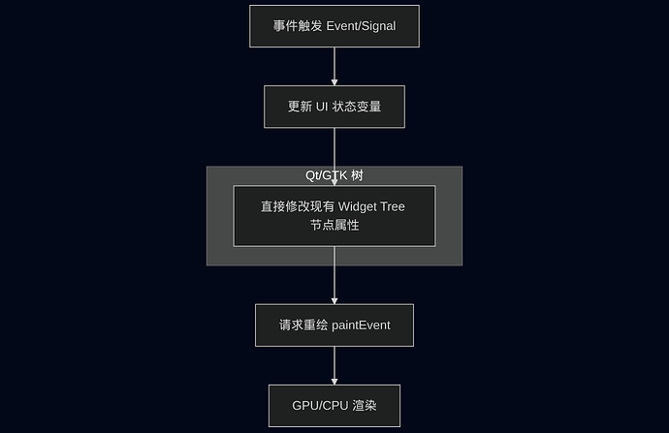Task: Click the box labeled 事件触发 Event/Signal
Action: tap(334, 26)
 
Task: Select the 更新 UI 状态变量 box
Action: tap(334, 107)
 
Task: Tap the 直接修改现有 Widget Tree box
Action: tap(334, 215)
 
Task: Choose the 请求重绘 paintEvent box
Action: tap(334, 325)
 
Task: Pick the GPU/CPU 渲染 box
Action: tap(334, 406)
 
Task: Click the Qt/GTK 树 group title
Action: tap(334, 175)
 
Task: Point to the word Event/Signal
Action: tap(363, 26)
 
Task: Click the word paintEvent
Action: tap(361, 325)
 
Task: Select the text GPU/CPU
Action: tap(321, 406)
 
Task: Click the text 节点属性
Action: tap(334, 225)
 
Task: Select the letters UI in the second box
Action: tap(323, 107)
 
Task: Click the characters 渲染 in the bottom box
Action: tap(365, 406)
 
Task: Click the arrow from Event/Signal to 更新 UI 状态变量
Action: tap(334, 65)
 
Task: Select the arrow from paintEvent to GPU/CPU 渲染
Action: tap(334, 364)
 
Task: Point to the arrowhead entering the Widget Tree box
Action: tap(334, 181)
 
